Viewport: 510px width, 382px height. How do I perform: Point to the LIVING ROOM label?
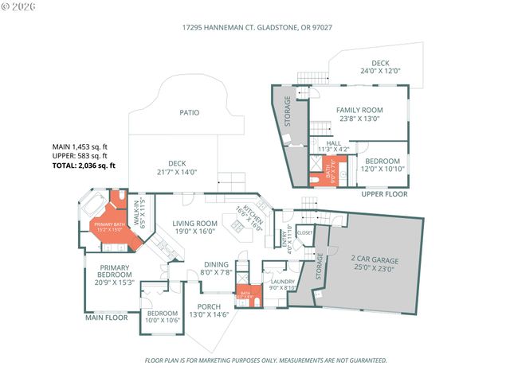point(195,228)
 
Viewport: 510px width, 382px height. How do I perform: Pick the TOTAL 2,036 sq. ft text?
point(84,166)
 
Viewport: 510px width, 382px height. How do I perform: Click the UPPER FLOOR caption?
point(384,194)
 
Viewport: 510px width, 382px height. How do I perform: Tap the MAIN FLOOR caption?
point(107,318)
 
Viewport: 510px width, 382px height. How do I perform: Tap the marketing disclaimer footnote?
point(265,360)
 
